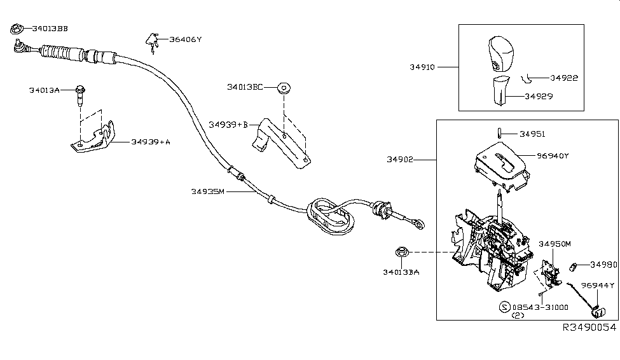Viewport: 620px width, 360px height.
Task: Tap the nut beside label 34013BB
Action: point(17,28)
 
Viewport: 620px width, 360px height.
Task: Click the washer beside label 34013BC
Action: point(283,87)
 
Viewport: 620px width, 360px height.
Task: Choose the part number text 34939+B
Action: point(228,125)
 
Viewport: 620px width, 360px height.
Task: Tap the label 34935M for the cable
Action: point(207,191)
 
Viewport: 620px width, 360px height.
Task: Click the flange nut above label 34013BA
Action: point(401,252)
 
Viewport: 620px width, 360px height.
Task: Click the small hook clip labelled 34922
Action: point(525,78)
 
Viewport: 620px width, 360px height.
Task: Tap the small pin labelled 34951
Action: point(500,134)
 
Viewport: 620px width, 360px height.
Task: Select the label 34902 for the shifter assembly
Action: point(399,160)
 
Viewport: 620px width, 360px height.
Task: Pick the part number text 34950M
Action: point(556,244)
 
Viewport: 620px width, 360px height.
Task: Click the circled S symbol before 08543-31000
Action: point(504,307)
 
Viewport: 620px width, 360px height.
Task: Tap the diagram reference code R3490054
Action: point(589,327)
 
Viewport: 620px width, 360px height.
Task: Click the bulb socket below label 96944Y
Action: point(598,312)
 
